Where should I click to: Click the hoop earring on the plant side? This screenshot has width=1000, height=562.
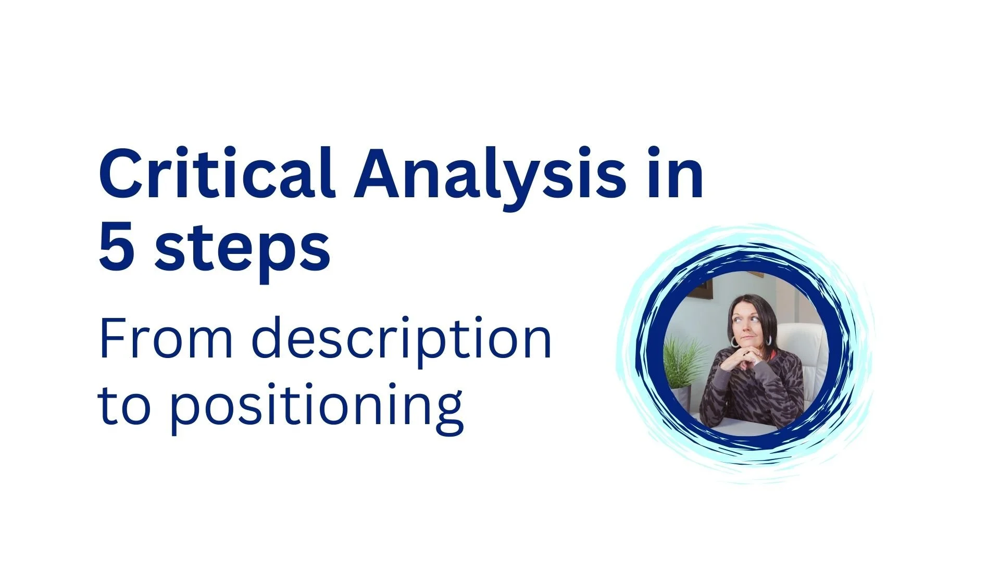coord(734,342)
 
